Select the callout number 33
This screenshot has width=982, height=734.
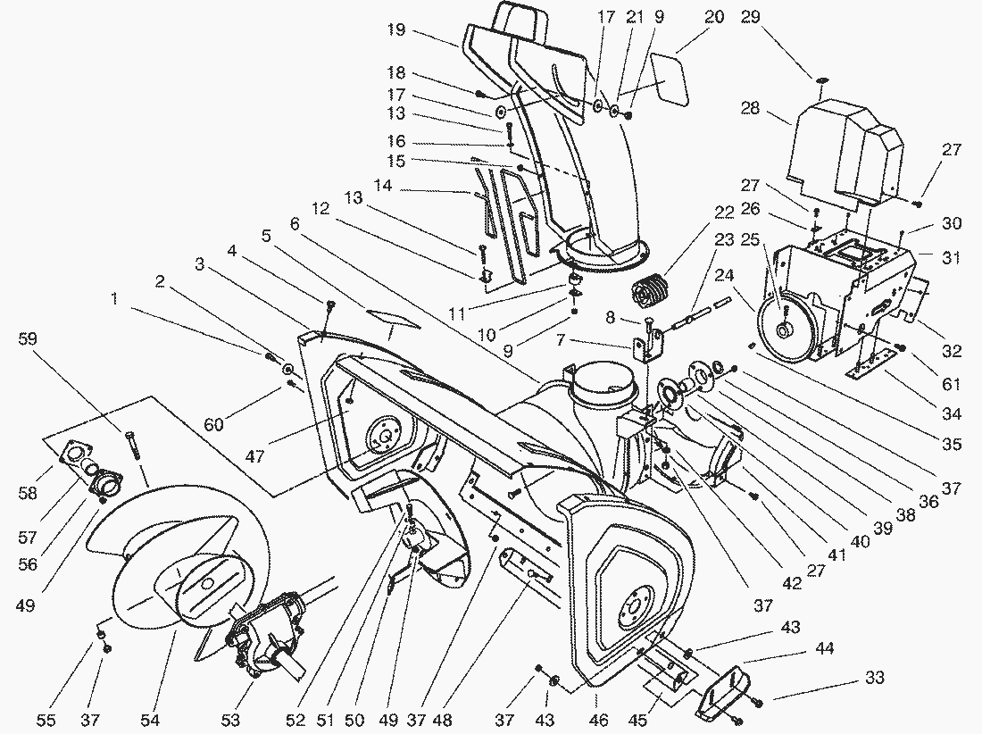[x=875, y=679]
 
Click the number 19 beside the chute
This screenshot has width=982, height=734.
[x=396, y=30]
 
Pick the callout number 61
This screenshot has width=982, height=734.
[x=951, y=385]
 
